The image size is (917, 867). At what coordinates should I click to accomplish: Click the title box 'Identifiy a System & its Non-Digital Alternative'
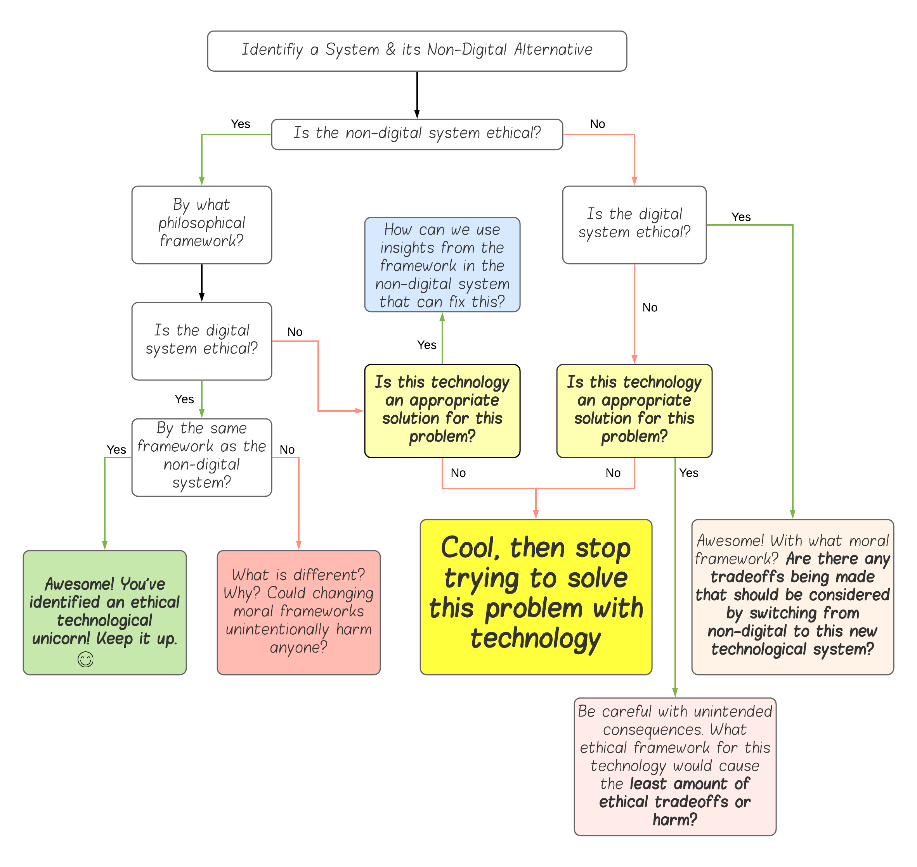pos(417,51)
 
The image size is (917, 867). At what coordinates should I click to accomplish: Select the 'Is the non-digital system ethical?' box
pos(417,135)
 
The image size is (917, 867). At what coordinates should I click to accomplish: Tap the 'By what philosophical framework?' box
pos(202,225)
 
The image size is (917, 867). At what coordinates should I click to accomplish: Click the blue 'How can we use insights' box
pos(442,265)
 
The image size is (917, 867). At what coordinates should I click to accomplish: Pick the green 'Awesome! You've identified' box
pos(104,612)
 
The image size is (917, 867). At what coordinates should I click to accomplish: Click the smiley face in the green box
pos(85,659)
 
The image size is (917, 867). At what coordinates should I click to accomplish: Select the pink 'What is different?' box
pos(299,612)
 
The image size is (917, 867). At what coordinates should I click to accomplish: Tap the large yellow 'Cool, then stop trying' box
pos(536,597)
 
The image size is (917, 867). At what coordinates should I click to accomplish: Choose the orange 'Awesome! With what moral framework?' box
pos(792,597)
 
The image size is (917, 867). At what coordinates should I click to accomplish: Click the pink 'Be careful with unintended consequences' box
pos(675,766)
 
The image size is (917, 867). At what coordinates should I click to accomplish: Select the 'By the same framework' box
pos(202,457)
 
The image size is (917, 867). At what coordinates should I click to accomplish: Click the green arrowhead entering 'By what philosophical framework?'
pos(202,181)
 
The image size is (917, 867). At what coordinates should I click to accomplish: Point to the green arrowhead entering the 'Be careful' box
pos(675,693)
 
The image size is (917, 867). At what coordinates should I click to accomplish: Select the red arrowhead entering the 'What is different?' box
pos(299,545)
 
